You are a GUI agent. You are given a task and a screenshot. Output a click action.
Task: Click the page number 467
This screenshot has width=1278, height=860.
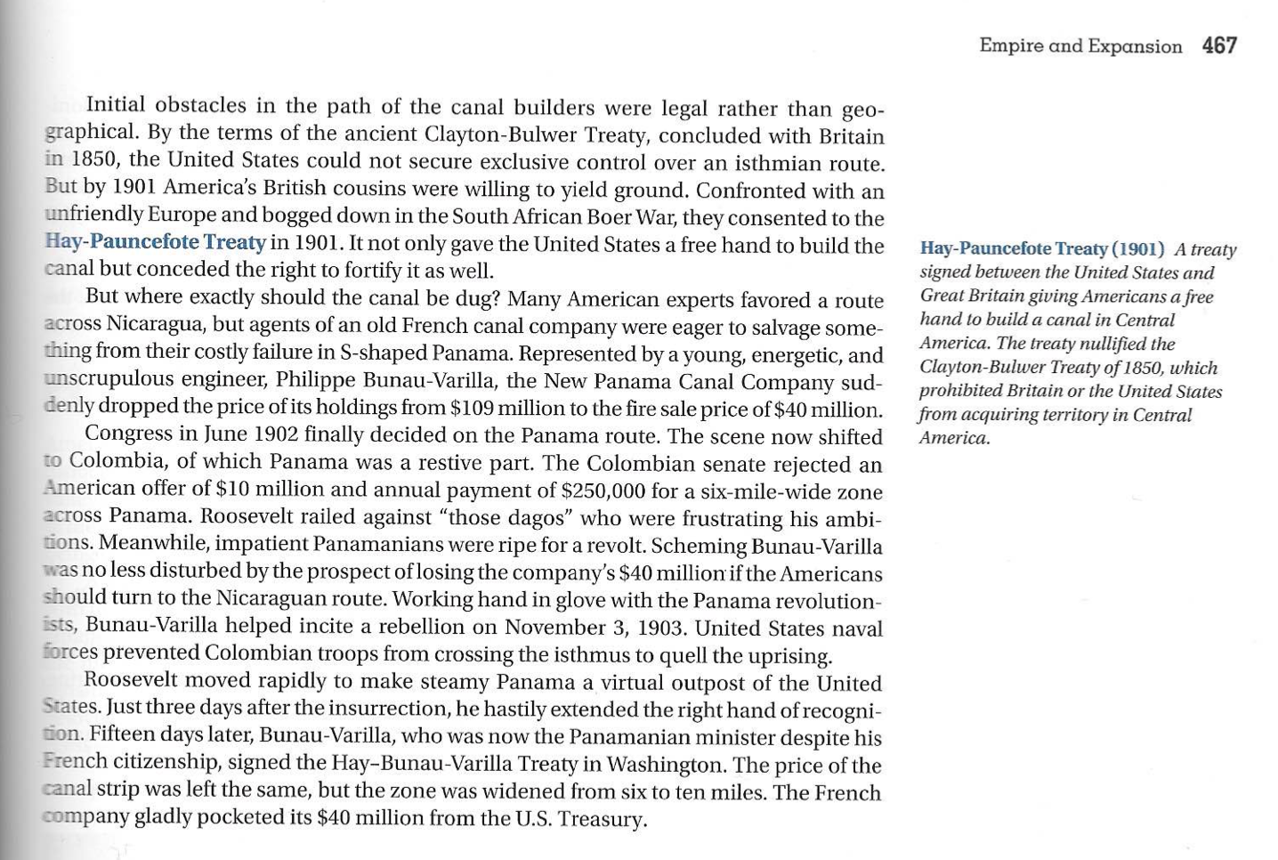1219,45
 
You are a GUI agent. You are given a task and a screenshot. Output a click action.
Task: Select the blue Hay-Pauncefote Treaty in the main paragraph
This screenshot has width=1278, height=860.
156,242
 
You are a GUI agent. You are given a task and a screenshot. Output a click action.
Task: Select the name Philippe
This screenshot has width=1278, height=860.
316,380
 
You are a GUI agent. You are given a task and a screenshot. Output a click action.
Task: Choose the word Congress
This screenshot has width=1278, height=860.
128,434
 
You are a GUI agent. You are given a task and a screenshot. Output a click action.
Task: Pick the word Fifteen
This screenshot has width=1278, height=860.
125,736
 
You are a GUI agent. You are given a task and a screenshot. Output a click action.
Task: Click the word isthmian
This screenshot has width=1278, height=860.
775,164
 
